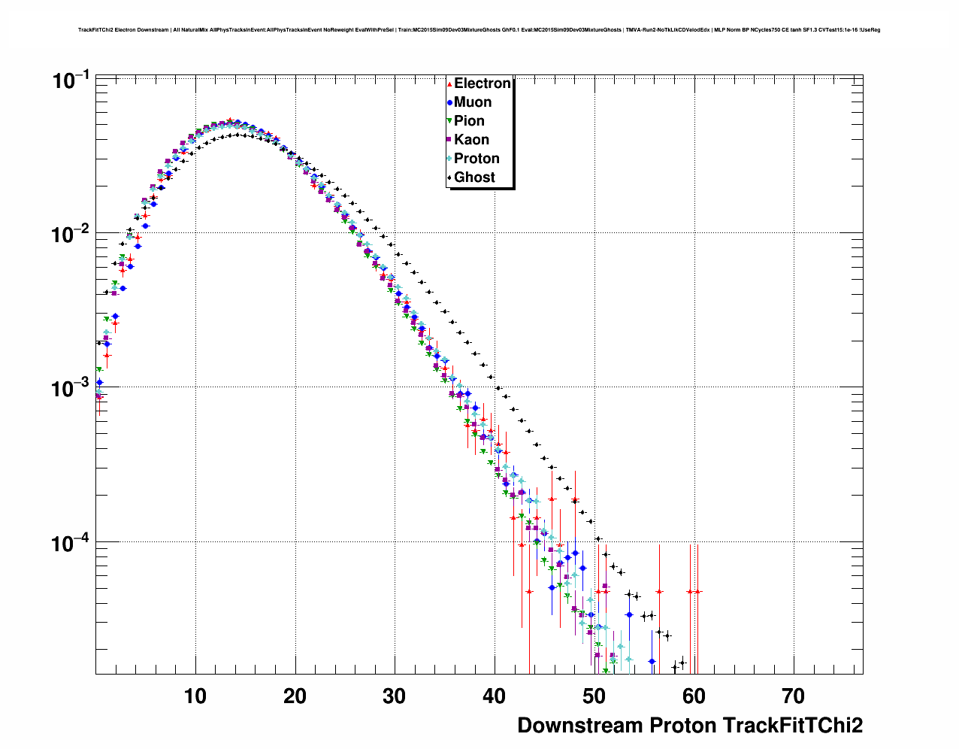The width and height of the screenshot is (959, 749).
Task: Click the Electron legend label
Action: (x=482, y=83)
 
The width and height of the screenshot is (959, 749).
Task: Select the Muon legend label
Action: (x=472, y=102)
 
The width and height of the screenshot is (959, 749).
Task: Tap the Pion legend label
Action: (x=469, y=121)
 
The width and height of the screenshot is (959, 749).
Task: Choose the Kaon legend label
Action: (x=471, y=140)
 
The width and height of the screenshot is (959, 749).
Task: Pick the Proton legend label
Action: (x=476, y=159)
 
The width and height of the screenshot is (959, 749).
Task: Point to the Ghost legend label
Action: (x=474, y=177)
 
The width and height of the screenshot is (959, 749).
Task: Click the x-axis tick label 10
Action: (x=195, y=696)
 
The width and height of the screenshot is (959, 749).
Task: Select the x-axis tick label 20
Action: (x=295, y=696)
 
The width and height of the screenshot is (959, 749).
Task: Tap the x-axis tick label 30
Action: (x=395, y=696)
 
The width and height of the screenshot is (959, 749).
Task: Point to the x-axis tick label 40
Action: (x=495, y=696)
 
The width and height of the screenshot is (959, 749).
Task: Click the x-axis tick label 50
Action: (x=594, y=696)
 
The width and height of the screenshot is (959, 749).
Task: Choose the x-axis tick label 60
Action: (x=694, y=696)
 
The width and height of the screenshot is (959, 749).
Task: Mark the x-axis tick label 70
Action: (x=794, y=696)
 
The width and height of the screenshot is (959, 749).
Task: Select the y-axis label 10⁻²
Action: (x=71, y=234)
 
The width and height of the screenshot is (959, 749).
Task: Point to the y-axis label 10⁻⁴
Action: (x=71, y=542)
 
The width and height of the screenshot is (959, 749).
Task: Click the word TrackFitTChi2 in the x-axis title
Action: (x=792, y=726)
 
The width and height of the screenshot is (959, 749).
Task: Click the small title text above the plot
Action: (x=479, y=30)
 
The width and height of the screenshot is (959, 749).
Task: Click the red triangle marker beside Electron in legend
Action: (x=449, y=84)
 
